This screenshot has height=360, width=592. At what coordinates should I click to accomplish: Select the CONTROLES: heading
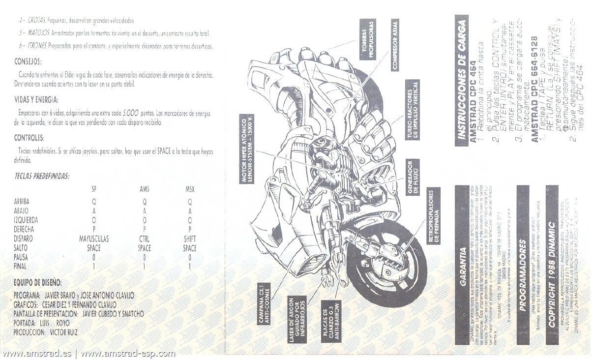tap(30, 138)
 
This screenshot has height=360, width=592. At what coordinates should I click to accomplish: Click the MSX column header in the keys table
tap(190, 189)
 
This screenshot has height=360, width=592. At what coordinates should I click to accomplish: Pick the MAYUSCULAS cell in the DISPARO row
tap(94, 239)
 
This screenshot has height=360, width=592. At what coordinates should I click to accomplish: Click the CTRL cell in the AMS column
tap(144, 239)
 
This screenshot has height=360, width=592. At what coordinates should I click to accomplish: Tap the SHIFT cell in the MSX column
tap(190, 239)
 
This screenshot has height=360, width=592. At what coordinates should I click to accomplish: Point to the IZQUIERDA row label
tap(26, 220)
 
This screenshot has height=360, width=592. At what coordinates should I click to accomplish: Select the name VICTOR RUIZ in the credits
tap(63, 332)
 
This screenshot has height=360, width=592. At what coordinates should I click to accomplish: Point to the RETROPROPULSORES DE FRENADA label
tap(433, 216)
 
